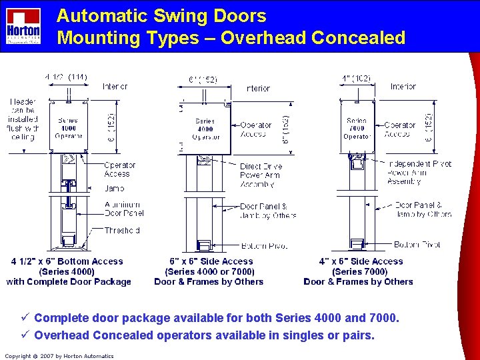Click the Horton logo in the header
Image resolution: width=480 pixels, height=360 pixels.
pos(23,27)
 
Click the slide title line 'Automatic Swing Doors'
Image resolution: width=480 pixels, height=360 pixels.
pos(161,16)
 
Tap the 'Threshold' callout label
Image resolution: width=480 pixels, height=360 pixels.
pos(122,231)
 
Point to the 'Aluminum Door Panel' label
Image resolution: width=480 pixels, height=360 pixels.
pos(123,209)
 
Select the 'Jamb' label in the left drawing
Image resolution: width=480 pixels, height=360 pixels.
pos(114,189)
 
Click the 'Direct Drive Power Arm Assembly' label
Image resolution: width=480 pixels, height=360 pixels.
pos(261,175)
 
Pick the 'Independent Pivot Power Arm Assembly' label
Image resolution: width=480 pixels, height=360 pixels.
pos(419,172)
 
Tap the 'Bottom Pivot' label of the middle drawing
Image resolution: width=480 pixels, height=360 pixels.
pos(263,245)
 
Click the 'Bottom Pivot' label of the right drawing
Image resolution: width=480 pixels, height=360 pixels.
pos(417,245)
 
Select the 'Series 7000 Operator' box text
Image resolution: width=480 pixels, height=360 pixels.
pos(357,128)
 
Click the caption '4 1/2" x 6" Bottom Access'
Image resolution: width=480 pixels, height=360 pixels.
pos(67,261)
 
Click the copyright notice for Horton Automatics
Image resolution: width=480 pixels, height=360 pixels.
pos(59,356)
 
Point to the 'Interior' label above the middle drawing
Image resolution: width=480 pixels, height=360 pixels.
pos(258,88)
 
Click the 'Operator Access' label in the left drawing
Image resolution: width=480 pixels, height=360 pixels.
pos(119,169)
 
